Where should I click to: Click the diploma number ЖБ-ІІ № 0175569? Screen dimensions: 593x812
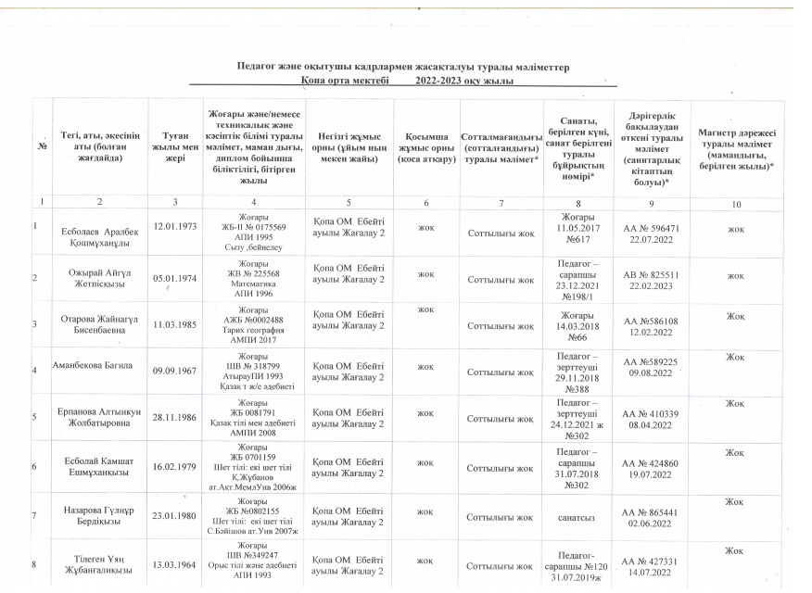[252, 225]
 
